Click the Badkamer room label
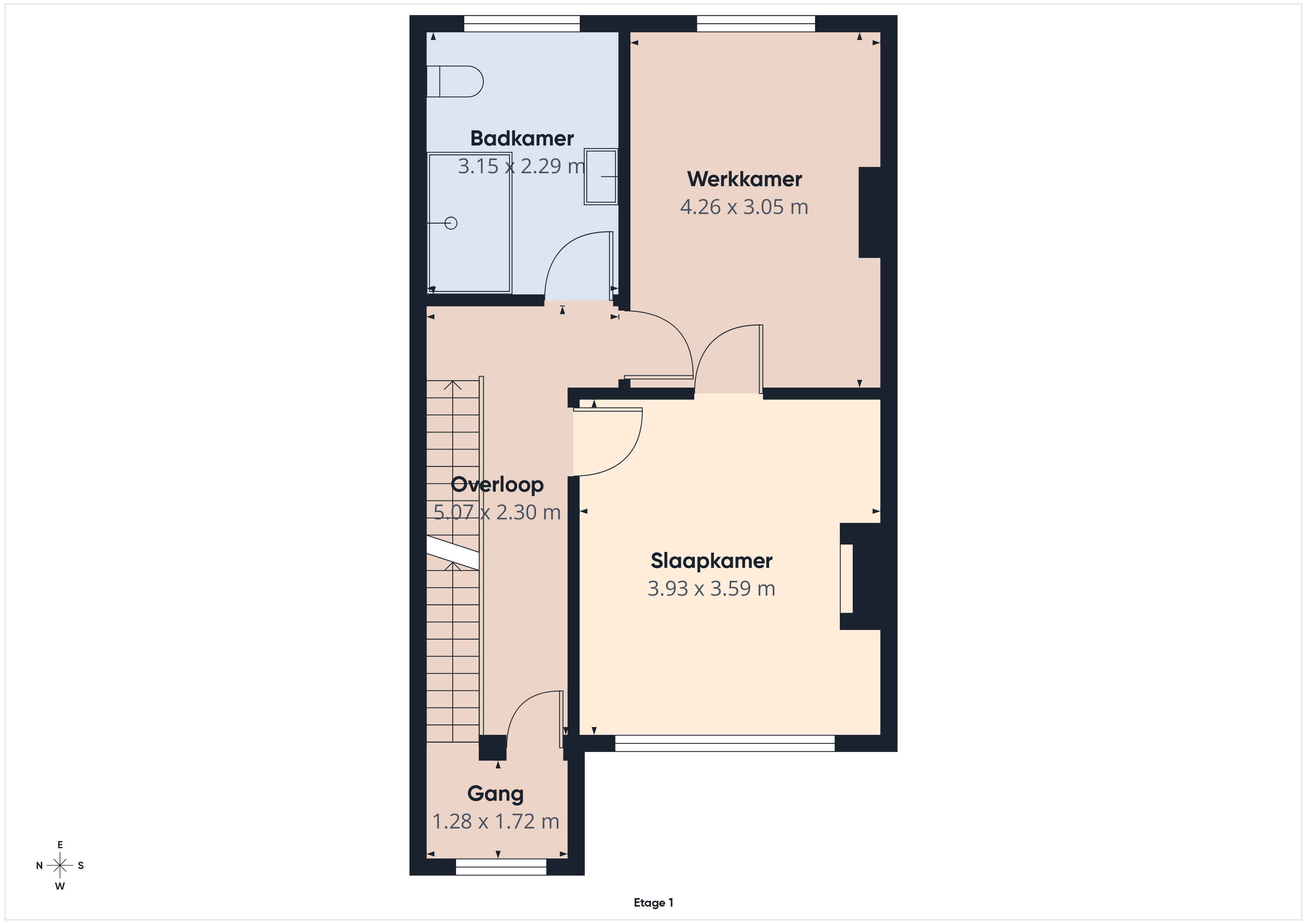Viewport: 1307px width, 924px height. coord(522,138)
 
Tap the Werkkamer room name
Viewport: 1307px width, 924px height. coord(745,179)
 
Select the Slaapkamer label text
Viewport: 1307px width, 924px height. coord(712,561)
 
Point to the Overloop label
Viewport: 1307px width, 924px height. coord(497,485)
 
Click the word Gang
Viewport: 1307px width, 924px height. coord(495,794)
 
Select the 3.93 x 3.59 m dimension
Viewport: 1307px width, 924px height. coord(712,588)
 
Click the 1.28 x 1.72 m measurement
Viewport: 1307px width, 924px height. coord(496,821)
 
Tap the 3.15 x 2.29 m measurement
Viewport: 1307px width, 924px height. coord(522,166)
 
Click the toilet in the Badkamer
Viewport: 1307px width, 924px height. coord(455,81)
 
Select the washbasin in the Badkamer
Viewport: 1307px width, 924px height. coord(601,176)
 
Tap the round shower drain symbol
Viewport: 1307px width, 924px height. coord(451,223)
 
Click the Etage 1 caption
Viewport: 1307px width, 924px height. coord(653,903)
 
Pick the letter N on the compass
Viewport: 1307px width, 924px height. coord(39,866)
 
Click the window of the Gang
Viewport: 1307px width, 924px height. coord(501,867)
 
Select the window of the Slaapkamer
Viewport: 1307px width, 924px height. coord(725,743)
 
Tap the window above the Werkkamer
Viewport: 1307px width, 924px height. coord(756,23)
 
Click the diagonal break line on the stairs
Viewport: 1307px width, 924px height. coord(453,552)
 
